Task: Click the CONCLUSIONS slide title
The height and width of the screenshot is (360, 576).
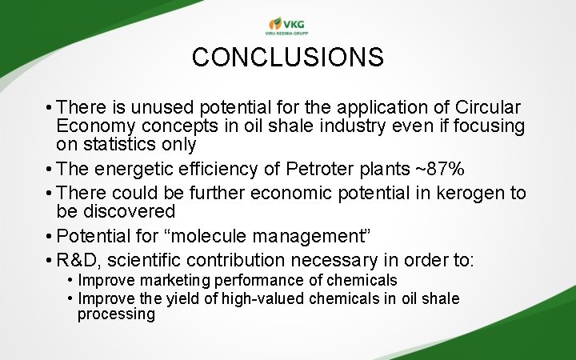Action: [x=288, y=58]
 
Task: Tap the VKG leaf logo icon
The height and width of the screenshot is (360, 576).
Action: [x=275, y=23]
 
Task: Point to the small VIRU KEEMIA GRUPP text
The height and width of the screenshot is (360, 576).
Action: [x=287, y=34]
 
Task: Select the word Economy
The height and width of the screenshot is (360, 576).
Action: [x=93, y=126]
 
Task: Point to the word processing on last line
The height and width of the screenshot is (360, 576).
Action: [x=116, y=314]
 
